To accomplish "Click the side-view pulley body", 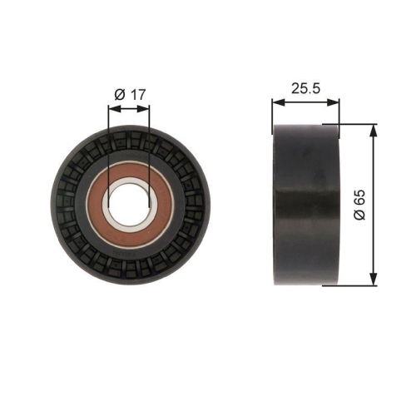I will (x=306, y=204).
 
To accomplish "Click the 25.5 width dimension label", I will (x=306, y=86).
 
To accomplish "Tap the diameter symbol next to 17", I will (x=119, y=94).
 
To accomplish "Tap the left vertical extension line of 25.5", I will (x=273, y=112).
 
